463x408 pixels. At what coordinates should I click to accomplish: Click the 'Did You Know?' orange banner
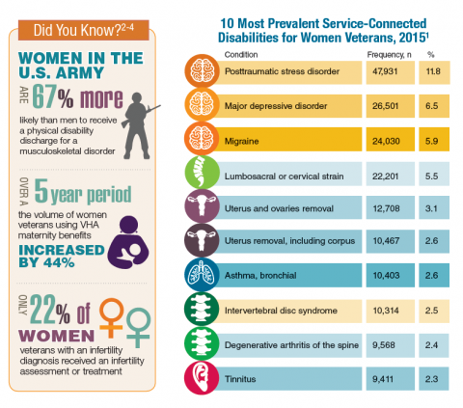pos(84,30)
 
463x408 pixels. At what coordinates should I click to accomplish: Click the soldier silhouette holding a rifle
pos(138,126)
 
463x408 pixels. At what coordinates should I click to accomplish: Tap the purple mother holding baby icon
pos(128,242)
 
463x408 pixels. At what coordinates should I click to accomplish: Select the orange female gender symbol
pos(111,317)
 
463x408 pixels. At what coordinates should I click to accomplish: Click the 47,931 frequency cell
pos(391,71)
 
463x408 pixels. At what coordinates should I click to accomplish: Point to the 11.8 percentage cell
pos(434,71)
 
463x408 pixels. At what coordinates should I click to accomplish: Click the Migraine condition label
pos(241,141)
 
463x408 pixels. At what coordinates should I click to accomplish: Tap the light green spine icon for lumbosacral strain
pos(202,173)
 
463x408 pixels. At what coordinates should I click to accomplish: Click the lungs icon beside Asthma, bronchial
pos(202,275)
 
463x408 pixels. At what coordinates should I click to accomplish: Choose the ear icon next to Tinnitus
pos(202,378)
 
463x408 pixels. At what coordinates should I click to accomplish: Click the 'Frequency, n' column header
pos(389,55)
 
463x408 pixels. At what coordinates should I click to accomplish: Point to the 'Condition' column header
pos(241,55)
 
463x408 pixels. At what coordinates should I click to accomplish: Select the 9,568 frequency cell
pos(391,345)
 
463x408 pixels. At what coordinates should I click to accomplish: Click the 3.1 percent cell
pos(434,208)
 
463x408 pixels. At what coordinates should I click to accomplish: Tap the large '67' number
pos(44,96)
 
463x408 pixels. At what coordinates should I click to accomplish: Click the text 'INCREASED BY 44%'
pos(62,257)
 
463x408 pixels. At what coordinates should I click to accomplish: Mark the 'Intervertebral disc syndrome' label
pos(281,311)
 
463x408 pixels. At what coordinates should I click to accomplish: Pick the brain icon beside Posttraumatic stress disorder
pos(202,70)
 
